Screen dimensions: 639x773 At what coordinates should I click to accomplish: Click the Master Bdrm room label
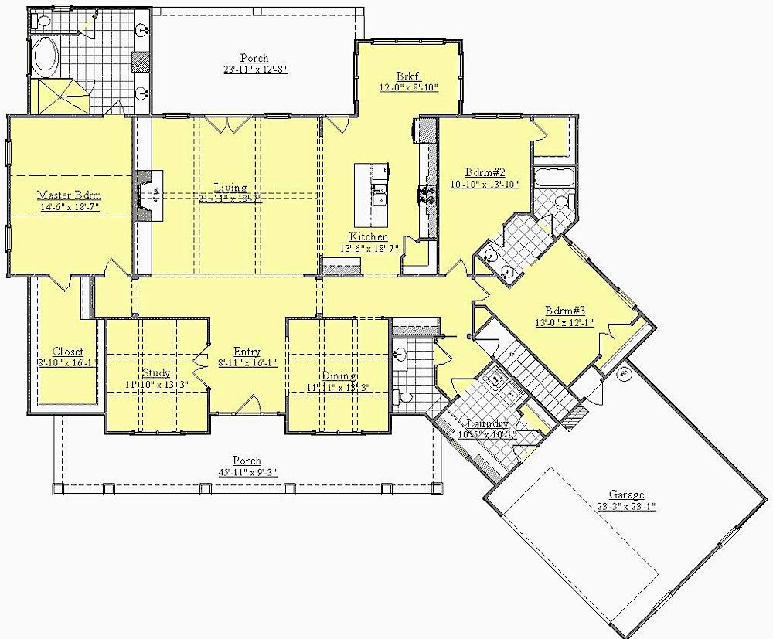70,195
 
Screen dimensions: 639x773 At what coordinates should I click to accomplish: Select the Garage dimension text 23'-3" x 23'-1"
626,507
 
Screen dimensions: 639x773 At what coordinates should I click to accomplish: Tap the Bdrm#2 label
485,172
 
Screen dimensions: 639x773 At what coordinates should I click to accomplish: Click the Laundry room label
487,424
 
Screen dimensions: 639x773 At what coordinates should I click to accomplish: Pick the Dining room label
337,376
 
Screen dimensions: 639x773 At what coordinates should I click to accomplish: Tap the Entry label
247,352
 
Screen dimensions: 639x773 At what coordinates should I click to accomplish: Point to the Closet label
68,352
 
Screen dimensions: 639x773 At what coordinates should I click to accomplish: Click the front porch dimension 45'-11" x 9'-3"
250,472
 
